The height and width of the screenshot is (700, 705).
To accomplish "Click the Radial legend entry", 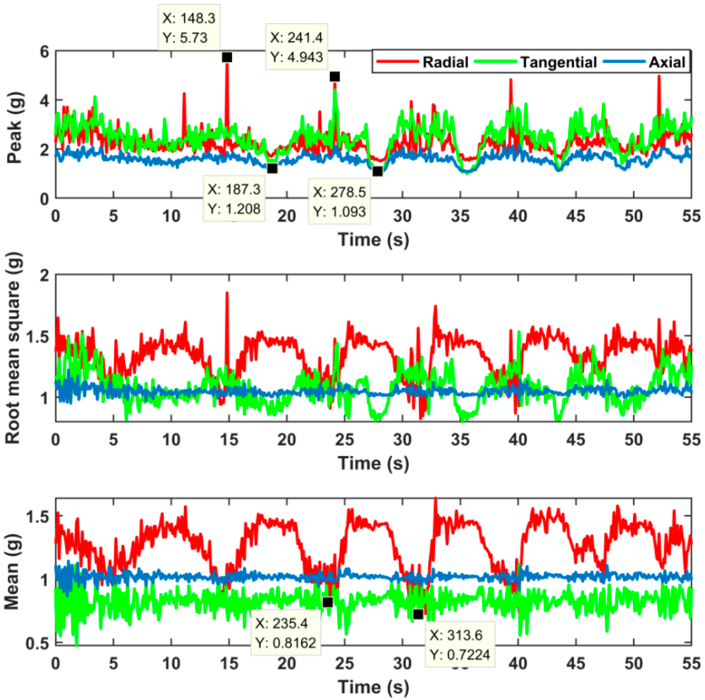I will [x=423, y=62].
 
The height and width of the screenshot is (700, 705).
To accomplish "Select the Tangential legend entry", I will [x=537, y=62].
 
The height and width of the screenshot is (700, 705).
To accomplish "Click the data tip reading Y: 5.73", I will [x=189, y=28].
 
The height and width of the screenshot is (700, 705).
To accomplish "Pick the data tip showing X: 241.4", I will [x=296, y=47].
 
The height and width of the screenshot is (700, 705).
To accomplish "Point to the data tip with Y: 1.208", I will [x=234, y=199].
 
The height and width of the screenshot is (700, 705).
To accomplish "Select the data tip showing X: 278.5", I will [x=339, y=201].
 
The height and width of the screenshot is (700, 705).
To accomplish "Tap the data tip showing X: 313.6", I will [x=459, y=644].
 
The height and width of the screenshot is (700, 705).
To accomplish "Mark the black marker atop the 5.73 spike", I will [x=227, y=58].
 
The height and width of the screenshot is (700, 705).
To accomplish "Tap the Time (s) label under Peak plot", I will [x=373, y=239].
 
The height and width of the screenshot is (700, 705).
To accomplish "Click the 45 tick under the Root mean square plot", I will [x=575, y=440].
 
